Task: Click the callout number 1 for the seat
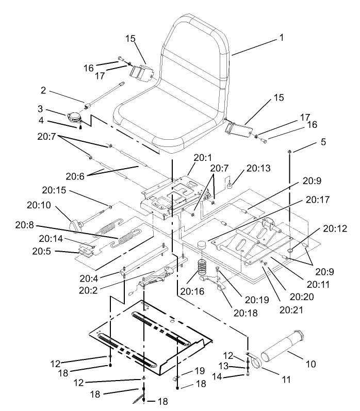(282, 37)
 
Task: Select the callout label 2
(44, 91)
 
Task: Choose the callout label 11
(285, 381)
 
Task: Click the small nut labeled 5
(290, 151)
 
